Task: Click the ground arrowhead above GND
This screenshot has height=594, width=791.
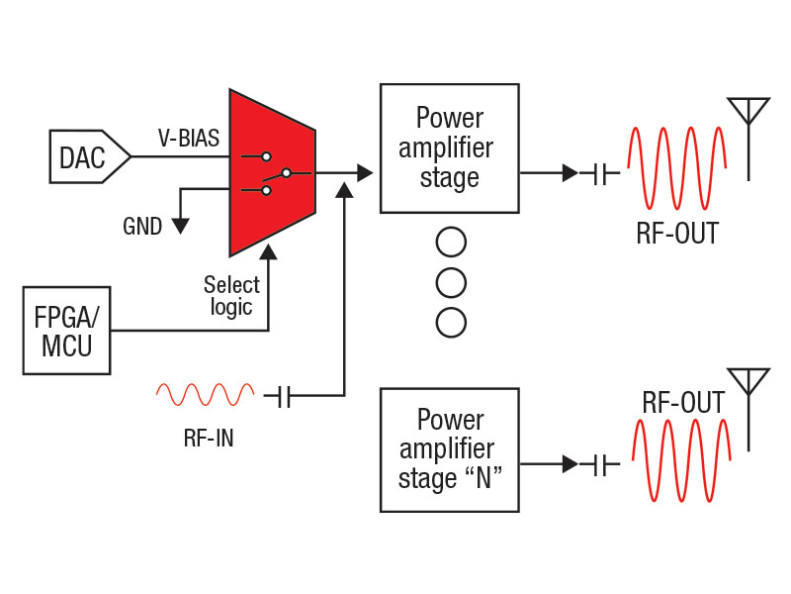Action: point(180,224)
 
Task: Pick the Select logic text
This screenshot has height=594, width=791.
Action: point(232,295)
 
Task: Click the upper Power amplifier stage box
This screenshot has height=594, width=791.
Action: point(449,148)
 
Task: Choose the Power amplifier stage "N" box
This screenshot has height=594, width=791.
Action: point(449,449)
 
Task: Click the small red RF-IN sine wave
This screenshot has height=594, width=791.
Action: point(204,396)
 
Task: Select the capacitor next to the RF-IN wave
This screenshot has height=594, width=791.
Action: point(285,396)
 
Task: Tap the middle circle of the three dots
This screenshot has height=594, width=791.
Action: point(451,282)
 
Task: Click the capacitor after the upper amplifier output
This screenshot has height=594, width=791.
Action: point(599,173)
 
